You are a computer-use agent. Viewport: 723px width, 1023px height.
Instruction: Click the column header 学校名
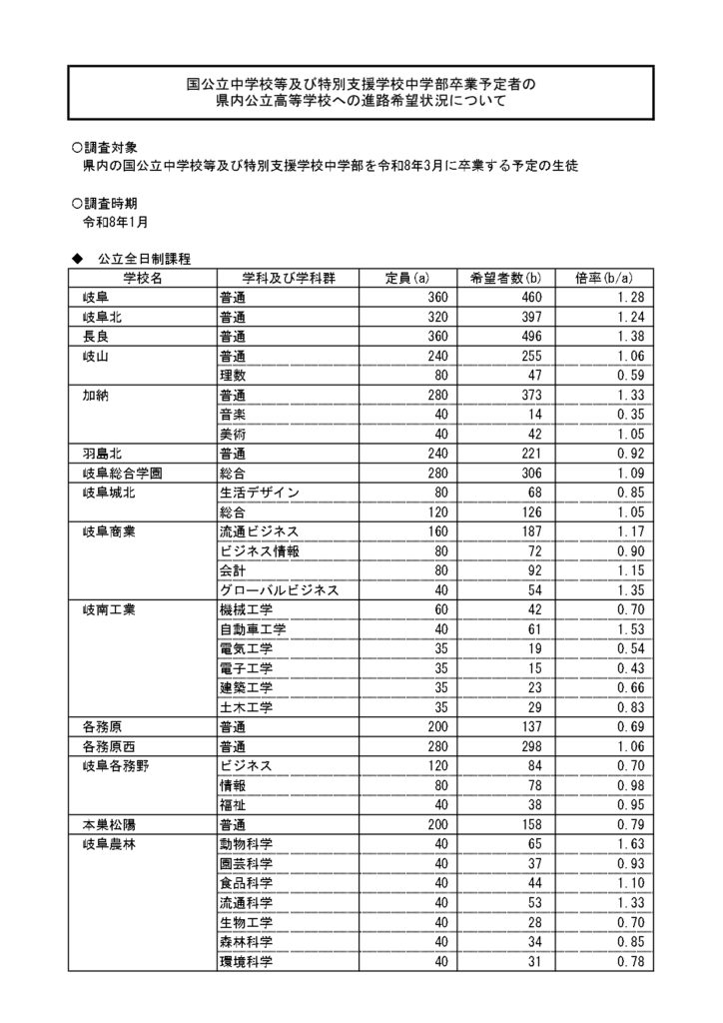tap(143, 278)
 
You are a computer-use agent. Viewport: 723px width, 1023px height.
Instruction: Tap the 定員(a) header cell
tap(407, 278)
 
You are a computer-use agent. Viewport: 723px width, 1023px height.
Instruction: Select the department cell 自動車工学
tap(252, 629)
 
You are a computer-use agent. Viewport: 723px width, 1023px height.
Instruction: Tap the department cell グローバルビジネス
tap(279, 590)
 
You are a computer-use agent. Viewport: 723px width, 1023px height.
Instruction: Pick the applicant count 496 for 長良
tap(528, 337)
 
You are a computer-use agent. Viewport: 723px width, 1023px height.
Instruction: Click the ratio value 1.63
tap(631, 844)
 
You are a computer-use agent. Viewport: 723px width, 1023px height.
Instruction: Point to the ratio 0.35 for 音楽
tap(631, 415)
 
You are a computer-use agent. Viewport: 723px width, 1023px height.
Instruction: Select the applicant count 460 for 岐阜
tap(528, 298)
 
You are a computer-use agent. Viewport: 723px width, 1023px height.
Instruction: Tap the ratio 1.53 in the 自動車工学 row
tap(631, 629)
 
